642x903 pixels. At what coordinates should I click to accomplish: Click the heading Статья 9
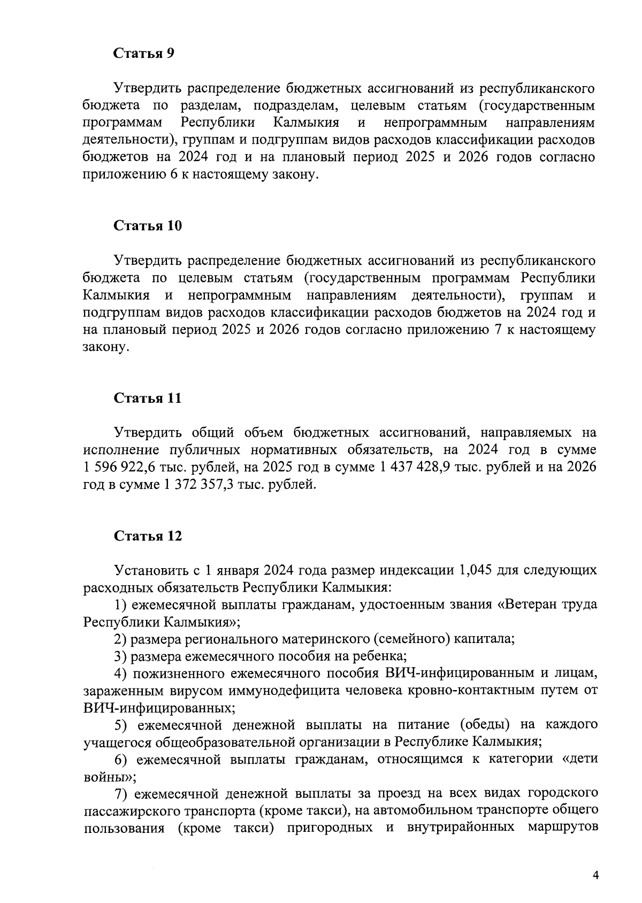pos(144,53)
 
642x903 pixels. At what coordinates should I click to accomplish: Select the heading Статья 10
pos(148,226)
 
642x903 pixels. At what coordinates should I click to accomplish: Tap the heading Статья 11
pos(148,399)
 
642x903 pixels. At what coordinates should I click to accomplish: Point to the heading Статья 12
pos(148,536)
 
